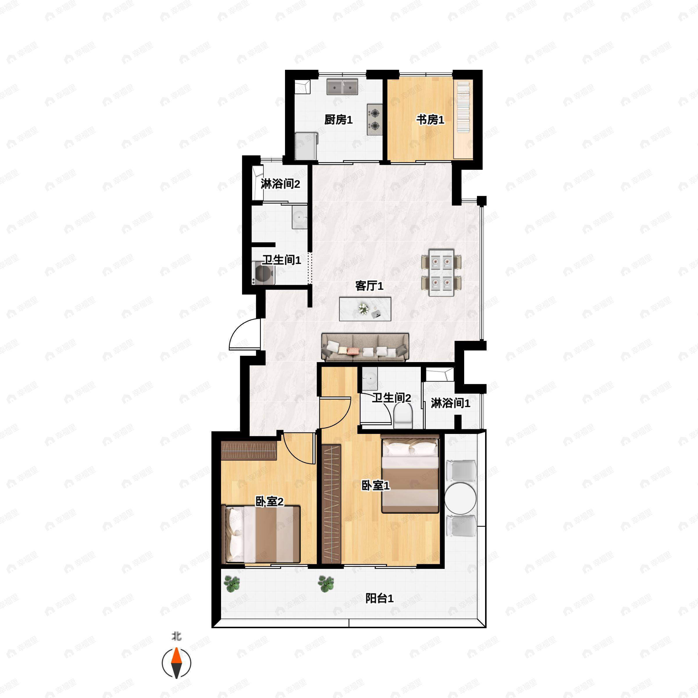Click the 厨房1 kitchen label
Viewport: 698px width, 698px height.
tap(338, 120)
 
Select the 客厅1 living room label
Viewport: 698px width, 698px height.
tap(369, 286)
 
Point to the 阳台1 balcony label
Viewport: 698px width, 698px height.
tap(379, 599)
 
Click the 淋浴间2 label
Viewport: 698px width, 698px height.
tap(280, 184)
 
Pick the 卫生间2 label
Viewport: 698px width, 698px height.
tap(392, 398)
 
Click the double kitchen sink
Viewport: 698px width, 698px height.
tap(342, 87)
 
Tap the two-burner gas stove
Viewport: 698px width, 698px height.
tap(375, 120)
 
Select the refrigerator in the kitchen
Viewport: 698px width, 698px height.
tap(306, 146)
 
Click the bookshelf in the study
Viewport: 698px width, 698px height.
tap(464, 119)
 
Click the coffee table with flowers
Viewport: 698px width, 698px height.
tap(365, 309)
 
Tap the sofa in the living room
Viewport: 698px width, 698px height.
tap(365, 347)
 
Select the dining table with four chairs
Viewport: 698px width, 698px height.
tap(441, 273)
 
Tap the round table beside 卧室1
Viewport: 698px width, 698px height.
tap(460, 498)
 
